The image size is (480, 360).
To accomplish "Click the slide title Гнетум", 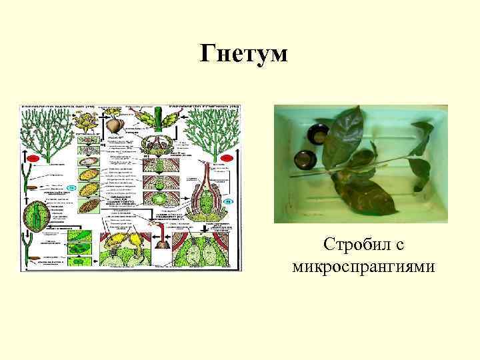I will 244,53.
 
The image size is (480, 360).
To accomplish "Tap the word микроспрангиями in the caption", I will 363,267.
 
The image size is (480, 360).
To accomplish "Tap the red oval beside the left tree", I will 31,157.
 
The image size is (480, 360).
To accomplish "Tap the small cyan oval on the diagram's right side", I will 228,200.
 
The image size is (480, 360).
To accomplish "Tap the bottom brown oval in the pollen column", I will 88,209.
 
